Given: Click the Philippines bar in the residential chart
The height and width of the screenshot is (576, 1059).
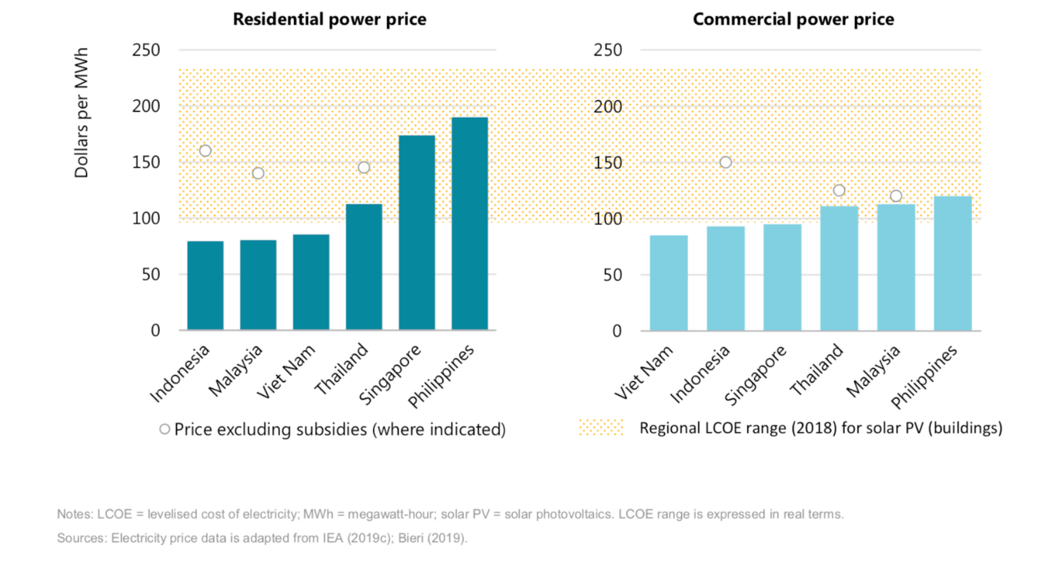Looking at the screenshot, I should [x=469, y=223].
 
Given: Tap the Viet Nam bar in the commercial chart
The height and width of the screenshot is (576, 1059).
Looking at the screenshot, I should [x=669, y=283].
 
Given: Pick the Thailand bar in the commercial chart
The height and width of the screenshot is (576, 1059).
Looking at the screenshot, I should [x=839, y=268].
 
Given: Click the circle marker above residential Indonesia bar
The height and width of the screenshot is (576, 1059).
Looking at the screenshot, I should [x=205, y=151].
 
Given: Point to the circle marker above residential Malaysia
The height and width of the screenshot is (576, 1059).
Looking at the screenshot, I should [x=258, y=173].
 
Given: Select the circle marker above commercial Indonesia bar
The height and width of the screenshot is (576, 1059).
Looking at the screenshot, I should [x=725, y=162].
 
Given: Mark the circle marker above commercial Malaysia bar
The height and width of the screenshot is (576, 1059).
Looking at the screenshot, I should [x=896, y=196].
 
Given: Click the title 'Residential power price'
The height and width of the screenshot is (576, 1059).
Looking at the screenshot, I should [x=329, y=19].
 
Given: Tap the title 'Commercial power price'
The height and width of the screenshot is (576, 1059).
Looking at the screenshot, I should [x=793, y=19].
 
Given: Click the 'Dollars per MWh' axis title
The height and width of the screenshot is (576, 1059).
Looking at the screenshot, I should [x=82, y=113].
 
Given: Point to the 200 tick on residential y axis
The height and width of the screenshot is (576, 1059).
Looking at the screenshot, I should [x=146, y=106].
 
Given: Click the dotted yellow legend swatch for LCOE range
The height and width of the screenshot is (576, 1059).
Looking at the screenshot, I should [x=601, y=428].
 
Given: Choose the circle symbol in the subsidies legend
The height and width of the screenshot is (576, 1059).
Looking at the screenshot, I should [x=165, y=429].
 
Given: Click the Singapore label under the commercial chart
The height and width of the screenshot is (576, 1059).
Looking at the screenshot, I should [x=758, y=375].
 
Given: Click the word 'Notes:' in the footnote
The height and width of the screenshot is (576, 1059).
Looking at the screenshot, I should [x=74, y=514].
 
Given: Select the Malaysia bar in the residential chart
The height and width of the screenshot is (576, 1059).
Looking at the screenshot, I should [x=258, y=285].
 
